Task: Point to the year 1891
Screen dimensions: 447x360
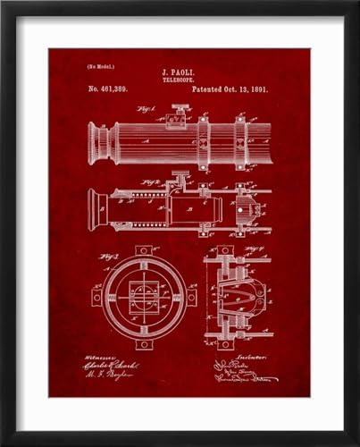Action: (257, 91)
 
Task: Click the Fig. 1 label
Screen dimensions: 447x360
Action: (146, 111)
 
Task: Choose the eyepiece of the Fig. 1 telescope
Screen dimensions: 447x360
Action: (100, 143)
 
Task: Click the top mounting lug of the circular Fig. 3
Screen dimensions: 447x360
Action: (143, 250)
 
